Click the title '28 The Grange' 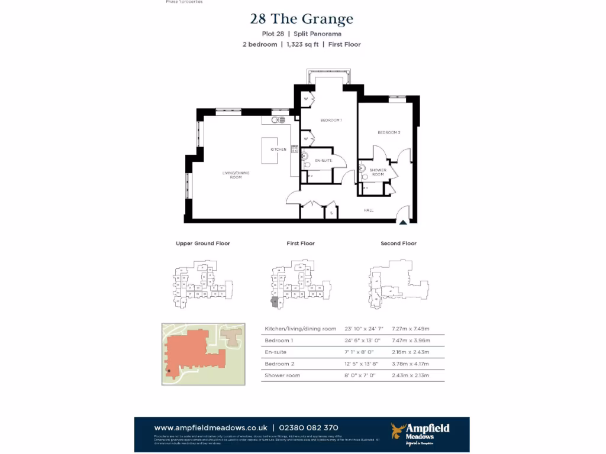(x=302, y=19)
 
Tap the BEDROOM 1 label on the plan (x=331, y=120)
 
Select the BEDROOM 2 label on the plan (x=389, y=132)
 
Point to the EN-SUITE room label (x=323, y=161)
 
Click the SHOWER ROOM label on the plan (x=378, y=172)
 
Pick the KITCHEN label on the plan (x=278, y=150)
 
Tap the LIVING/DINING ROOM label (x=232, y=175)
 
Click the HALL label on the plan (x=368, y=210)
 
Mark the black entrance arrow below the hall (x=403, y=222)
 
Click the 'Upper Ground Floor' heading (x=203, y=244)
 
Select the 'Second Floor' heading (x=398, y=244)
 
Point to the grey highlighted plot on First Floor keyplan (x=274, y=301)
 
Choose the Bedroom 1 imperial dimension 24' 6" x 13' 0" (x=365, y=340)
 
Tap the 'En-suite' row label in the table (x=275, y=352)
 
